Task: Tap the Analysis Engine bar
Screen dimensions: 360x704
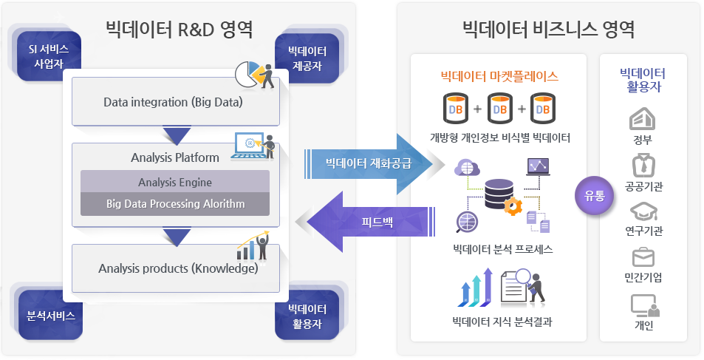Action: click(x=175, y=182)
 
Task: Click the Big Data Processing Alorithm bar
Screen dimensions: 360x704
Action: click(x=175, y=203)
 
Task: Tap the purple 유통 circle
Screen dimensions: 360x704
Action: click(x=594, y=196)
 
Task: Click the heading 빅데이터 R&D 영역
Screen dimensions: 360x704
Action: click(x=179, y=29)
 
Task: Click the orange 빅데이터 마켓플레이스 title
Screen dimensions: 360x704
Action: click(x=499, y=75)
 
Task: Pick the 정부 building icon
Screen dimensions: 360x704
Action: click(x=642, y=119)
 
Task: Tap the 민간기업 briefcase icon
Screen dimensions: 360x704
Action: click(x=643, y=257)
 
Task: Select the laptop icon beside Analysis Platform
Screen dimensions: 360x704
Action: click(x=250, y=145)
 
